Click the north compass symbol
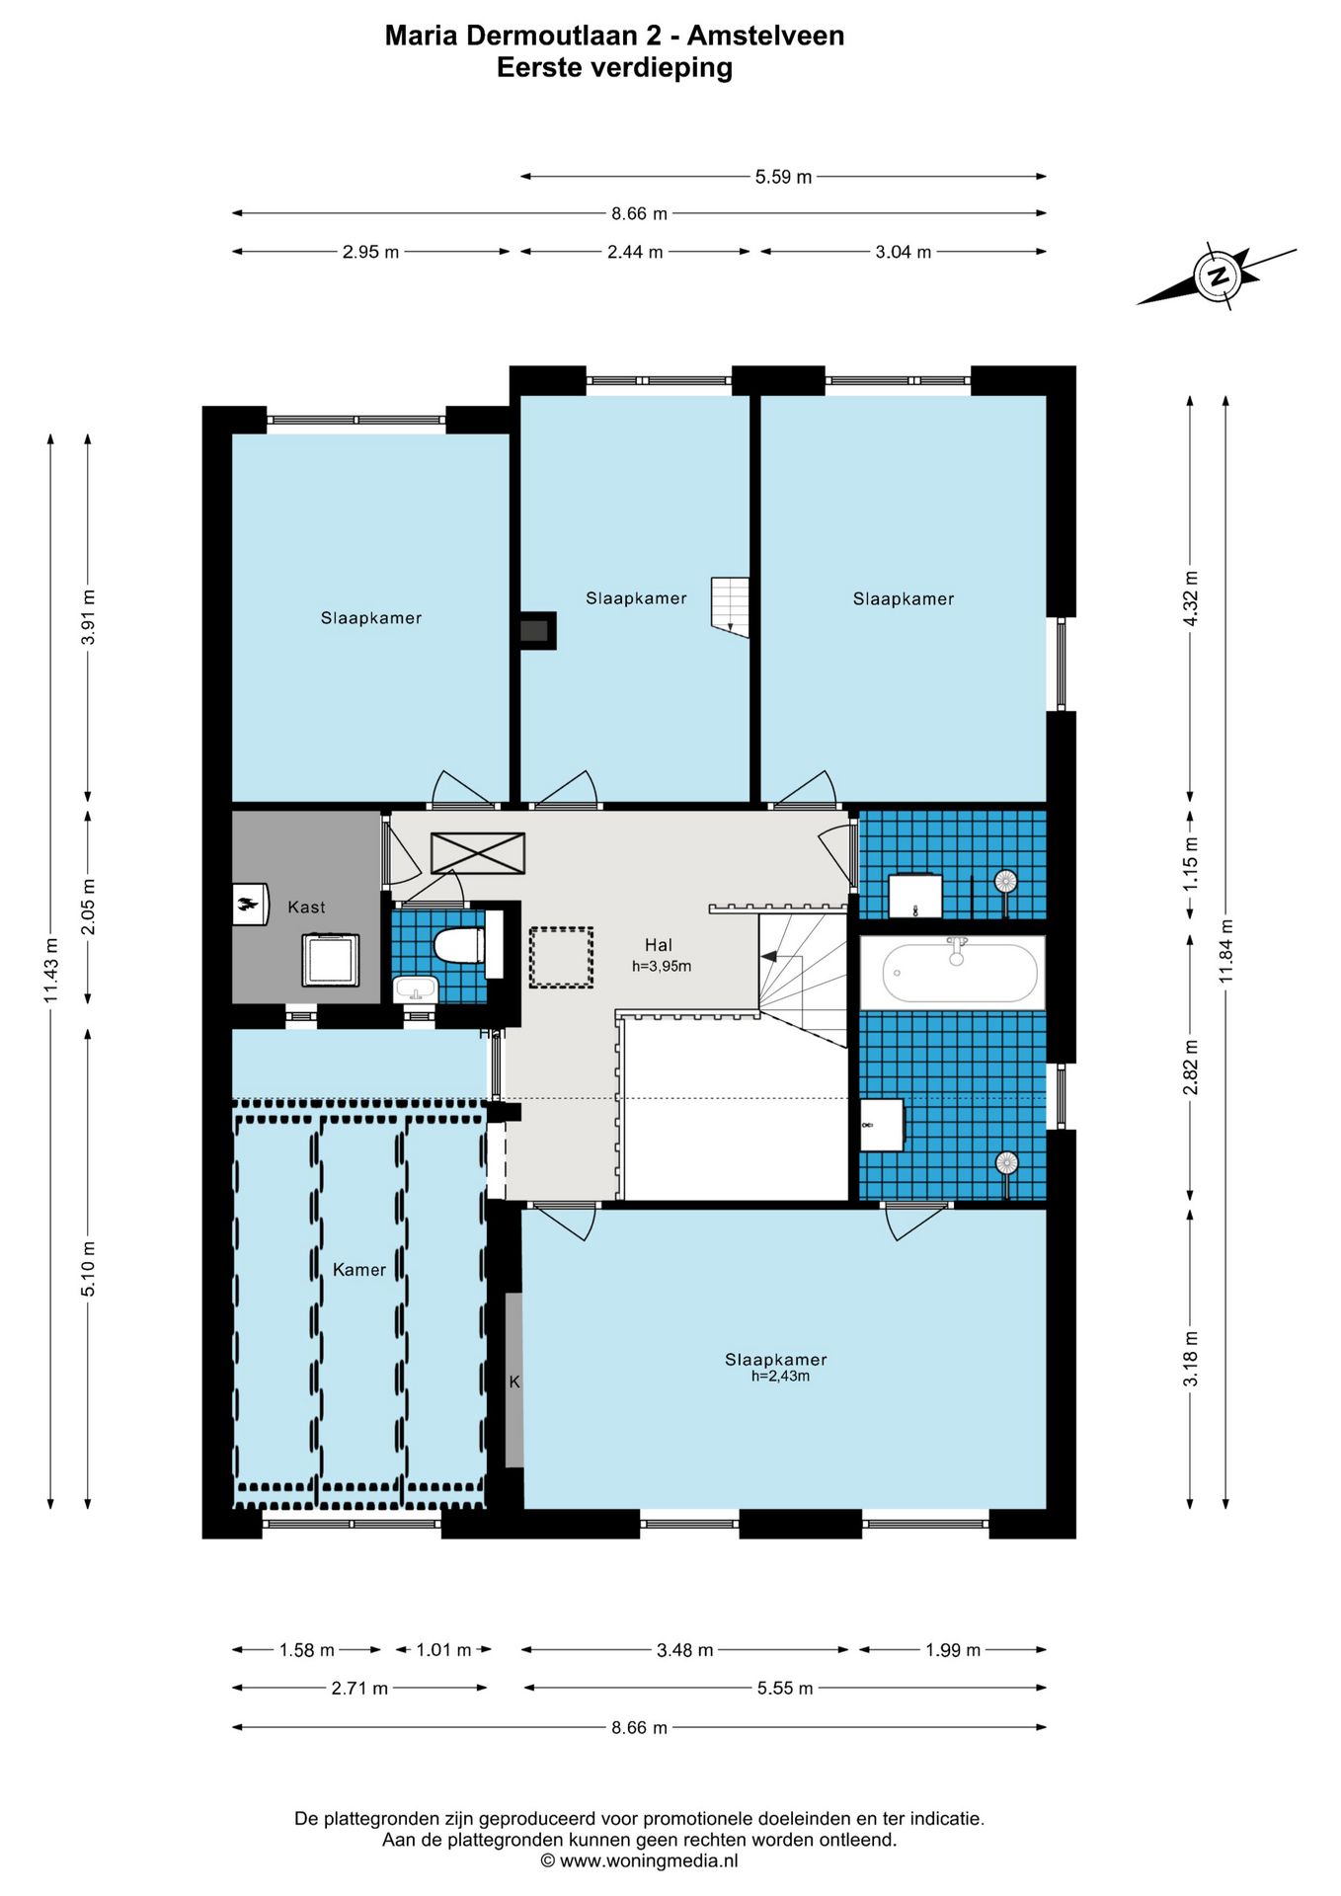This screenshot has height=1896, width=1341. [x=1218, y=276]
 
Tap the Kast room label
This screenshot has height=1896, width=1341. [x=306, y=907]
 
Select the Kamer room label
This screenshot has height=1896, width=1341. [x=359, y=1269]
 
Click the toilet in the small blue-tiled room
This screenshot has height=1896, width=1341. [x=459, y=945]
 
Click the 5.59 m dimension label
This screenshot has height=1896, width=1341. [x=783, y=177]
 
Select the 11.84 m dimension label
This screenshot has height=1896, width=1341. [x=1226, y=950]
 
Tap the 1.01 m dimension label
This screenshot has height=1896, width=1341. [x=443, y=1649]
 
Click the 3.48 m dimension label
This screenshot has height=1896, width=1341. [x=684, y=1649]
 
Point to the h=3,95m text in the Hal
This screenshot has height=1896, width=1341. [x=662, y=966]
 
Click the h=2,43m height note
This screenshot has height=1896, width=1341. [x=780, y=1376]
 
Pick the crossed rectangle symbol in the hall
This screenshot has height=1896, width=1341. [x=478, y=853]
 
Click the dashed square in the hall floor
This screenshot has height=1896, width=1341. [x=561, y=957]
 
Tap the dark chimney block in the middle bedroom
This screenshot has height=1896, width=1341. [x=534, y=631]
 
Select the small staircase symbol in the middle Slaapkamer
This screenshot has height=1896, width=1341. [x=730, y=606]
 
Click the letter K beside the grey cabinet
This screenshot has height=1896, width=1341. [x=514, y=1382]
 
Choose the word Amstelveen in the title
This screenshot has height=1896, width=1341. [x=766, y=36]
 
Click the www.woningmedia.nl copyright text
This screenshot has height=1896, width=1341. [x=639, y=1860]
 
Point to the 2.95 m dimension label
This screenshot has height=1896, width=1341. [x=370, y=252]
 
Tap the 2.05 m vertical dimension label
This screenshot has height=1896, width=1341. [x=89, y=907]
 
